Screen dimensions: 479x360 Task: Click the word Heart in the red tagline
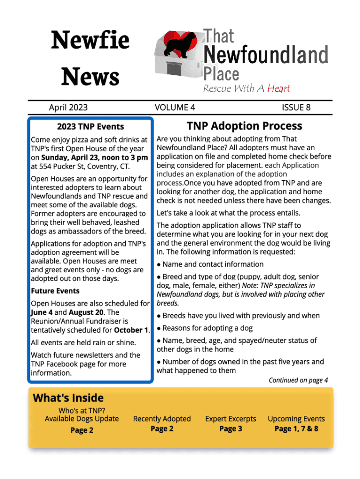[x=279, y=88]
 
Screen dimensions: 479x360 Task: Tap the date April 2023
[x=68, y=108]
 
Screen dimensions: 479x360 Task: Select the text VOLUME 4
[x=175, y=108]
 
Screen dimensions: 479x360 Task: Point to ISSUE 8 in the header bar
[x=296, y=108]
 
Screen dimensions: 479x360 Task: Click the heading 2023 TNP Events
[x=90, y=126]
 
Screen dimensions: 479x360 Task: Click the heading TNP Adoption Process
[x=244, y=126]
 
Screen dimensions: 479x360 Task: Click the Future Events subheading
[x=52, y=291]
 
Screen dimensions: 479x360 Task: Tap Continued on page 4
[x=298, y=380]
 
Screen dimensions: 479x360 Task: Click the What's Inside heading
[x=68, y=398]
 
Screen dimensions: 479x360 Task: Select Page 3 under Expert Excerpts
[x=230, y=429]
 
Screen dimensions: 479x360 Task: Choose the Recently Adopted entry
[x=162, y=419]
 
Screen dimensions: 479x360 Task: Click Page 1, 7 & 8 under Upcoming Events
[x=296, y=429]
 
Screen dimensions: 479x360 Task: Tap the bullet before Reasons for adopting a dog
[x=159, y=328]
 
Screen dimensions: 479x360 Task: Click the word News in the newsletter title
[x=90, y=76]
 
